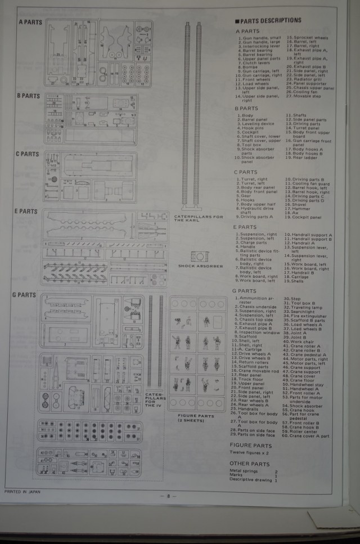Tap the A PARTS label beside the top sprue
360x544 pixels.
click(30, 22)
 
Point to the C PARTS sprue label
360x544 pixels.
click(28, 154)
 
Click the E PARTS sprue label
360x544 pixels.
click(25, 212)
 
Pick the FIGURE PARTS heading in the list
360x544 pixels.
click(251, 446)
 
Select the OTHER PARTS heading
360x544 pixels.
click(249, 464)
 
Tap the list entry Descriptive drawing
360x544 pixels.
click(251, 480)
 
